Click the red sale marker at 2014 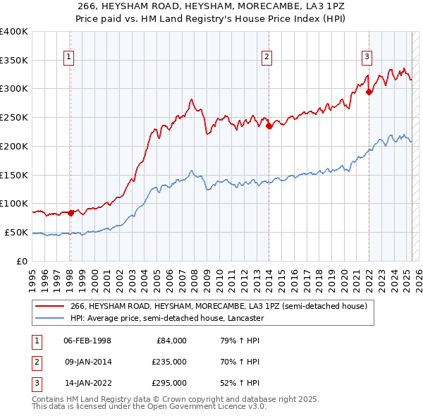pyautogui.click(x=269, y=126)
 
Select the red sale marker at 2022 pyautogui.click(x=369, y=91)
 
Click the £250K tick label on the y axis pyautogui.click(x=13, y=117)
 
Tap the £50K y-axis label pyautogui.click(x=16, y=232)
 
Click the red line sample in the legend pyautogui.click(x=51, y=307)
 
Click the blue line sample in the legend pyautogui.click(x=51, y=318)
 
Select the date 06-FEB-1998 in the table pyautogui.click(x=87, y=341)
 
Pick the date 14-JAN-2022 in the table pyautogui.click(x=87, y=383)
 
